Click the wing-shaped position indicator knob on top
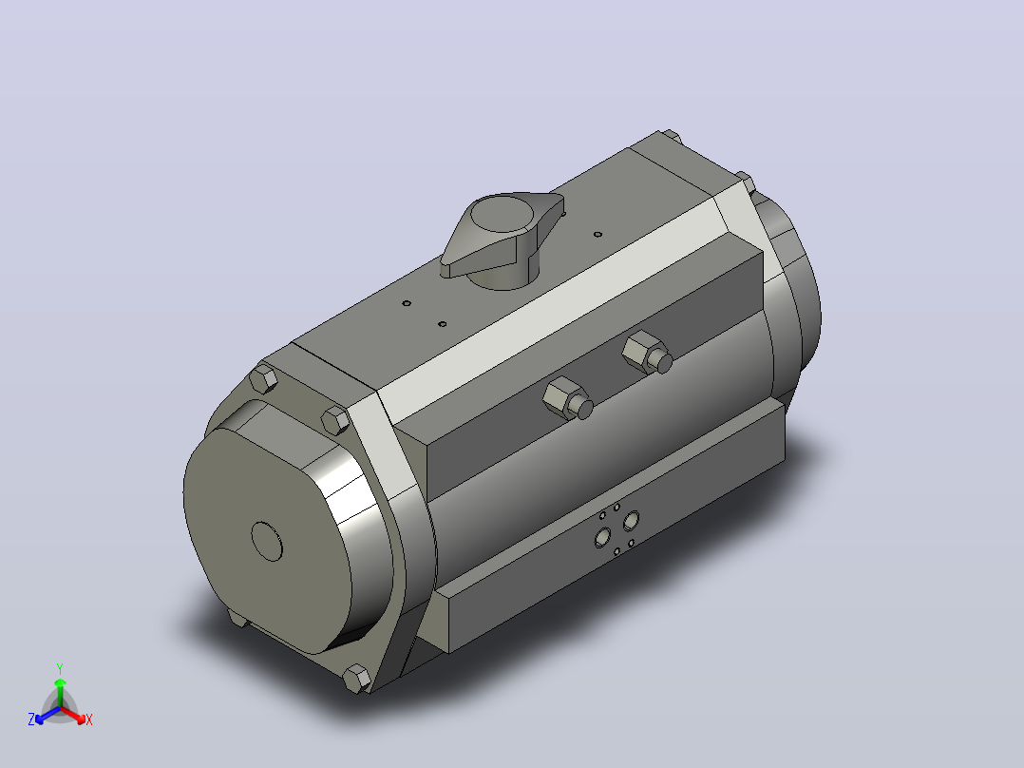pos(502,239)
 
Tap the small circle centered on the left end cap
pos(267,541)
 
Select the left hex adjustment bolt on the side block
pos(567,398)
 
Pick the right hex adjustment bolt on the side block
pos(647,353)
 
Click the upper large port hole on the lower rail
pos(631,521)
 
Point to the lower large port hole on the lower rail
pos(603,537)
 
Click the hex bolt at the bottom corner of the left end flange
pos(356,679)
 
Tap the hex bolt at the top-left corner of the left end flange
pos(263,379)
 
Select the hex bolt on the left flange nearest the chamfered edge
pos(336,420)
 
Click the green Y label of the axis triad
pos(60,668)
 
